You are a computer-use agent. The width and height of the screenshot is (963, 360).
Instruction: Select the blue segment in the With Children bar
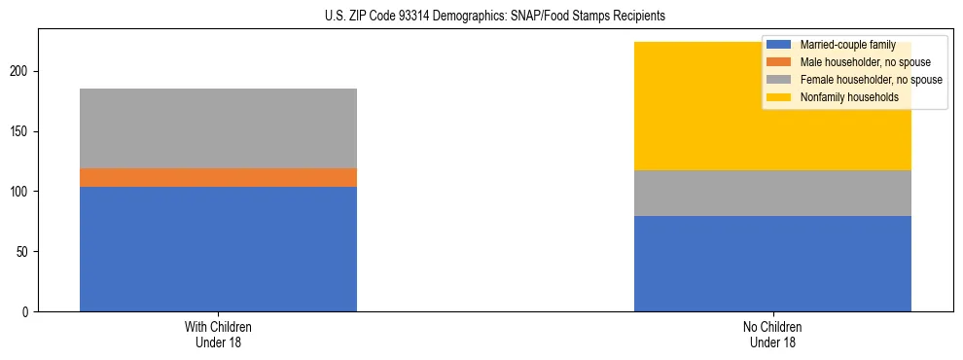coord(218,249)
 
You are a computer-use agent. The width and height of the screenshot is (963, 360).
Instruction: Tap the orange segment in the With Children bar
coord(218,177)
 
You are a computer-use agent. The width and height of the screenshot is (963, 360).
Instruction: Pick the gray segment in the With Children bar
coord(218,128)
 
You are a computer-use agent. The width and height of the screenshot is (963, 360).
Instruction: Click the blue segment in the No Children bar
coord(772,264)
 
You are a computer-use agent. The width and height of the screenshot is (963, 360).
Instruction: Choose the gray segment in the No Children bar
coord(772,193)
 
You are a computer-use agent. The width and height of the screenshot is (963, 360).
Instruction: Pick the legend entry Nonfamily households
coord(842,97)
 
